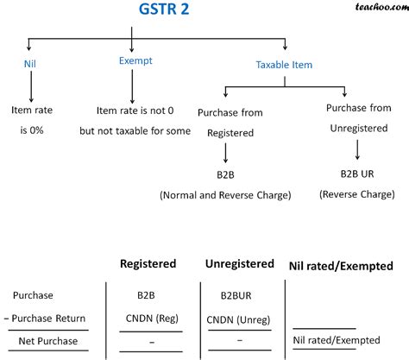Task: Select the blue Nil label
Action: tap(31, 63)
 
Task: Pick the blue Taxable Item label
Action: tap(286, 65)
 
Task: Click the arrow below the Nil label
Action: tap(31, 87)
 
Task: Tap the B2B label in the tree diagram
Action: tap(225, 175)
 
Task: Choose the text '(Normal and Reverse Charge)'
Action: tap(225, 195)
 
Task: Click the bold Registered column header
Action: tap(148, 263)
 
